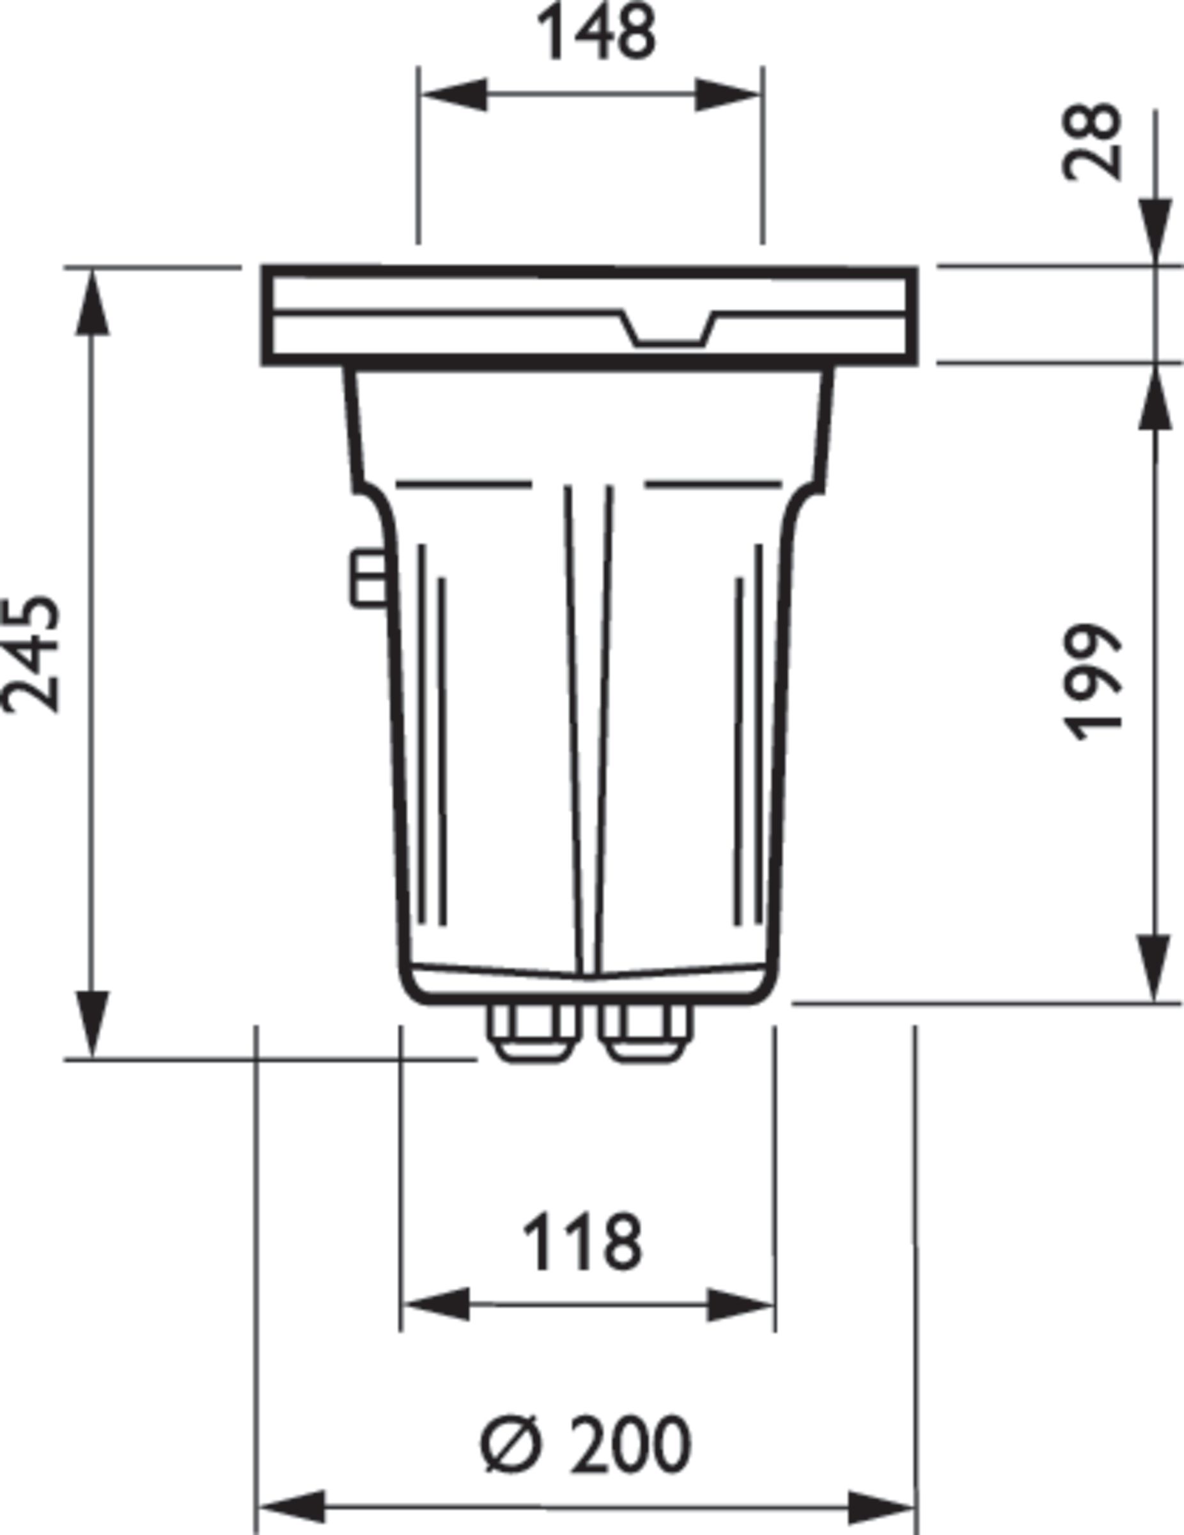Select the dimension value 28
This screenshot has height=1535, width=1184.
pyautogui.click(x=1091, y=142)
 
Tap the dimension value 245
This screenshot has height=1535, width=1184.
pyautogui.click(x=29, y=655)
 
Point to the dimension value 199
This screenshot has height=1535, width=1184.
pyautogui.click(x=1091, y=682)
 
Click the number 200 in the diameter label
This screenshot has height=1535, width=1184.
pyautogui.click(x=630, y=1445)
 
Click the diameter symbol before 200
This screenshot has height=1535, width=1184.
pyautogui.click(x=512, y=1445)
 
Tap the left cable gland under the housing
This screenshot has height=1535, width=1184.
pyautogui.click(x=534, y=1032)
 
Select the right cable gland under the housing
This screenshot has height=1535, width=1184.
pyautogui.click(x=646, y=1032)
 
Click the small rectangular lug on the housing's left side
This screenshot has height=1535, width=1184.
pyautogui.click(x=369, y=578)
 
